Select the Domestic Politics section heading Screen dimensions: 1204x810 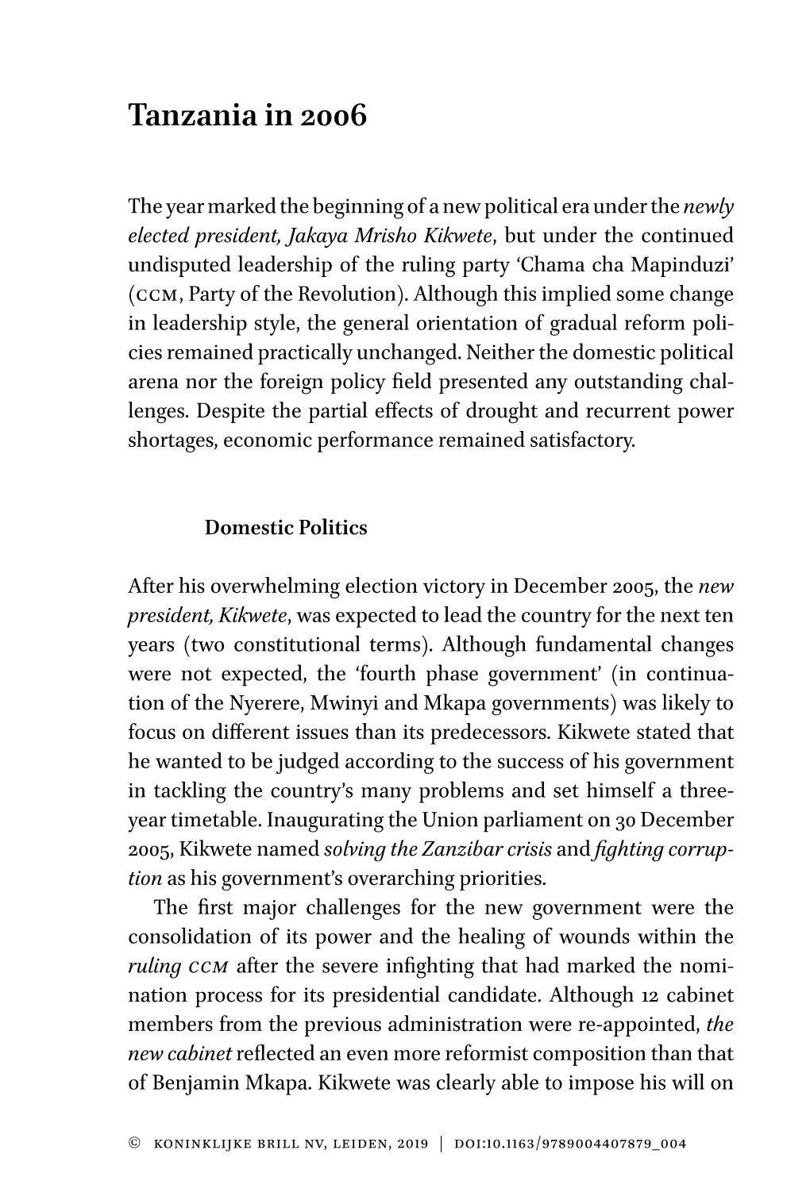[286, 529]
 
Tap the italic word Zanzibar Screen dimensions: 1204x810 [438, 850]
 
